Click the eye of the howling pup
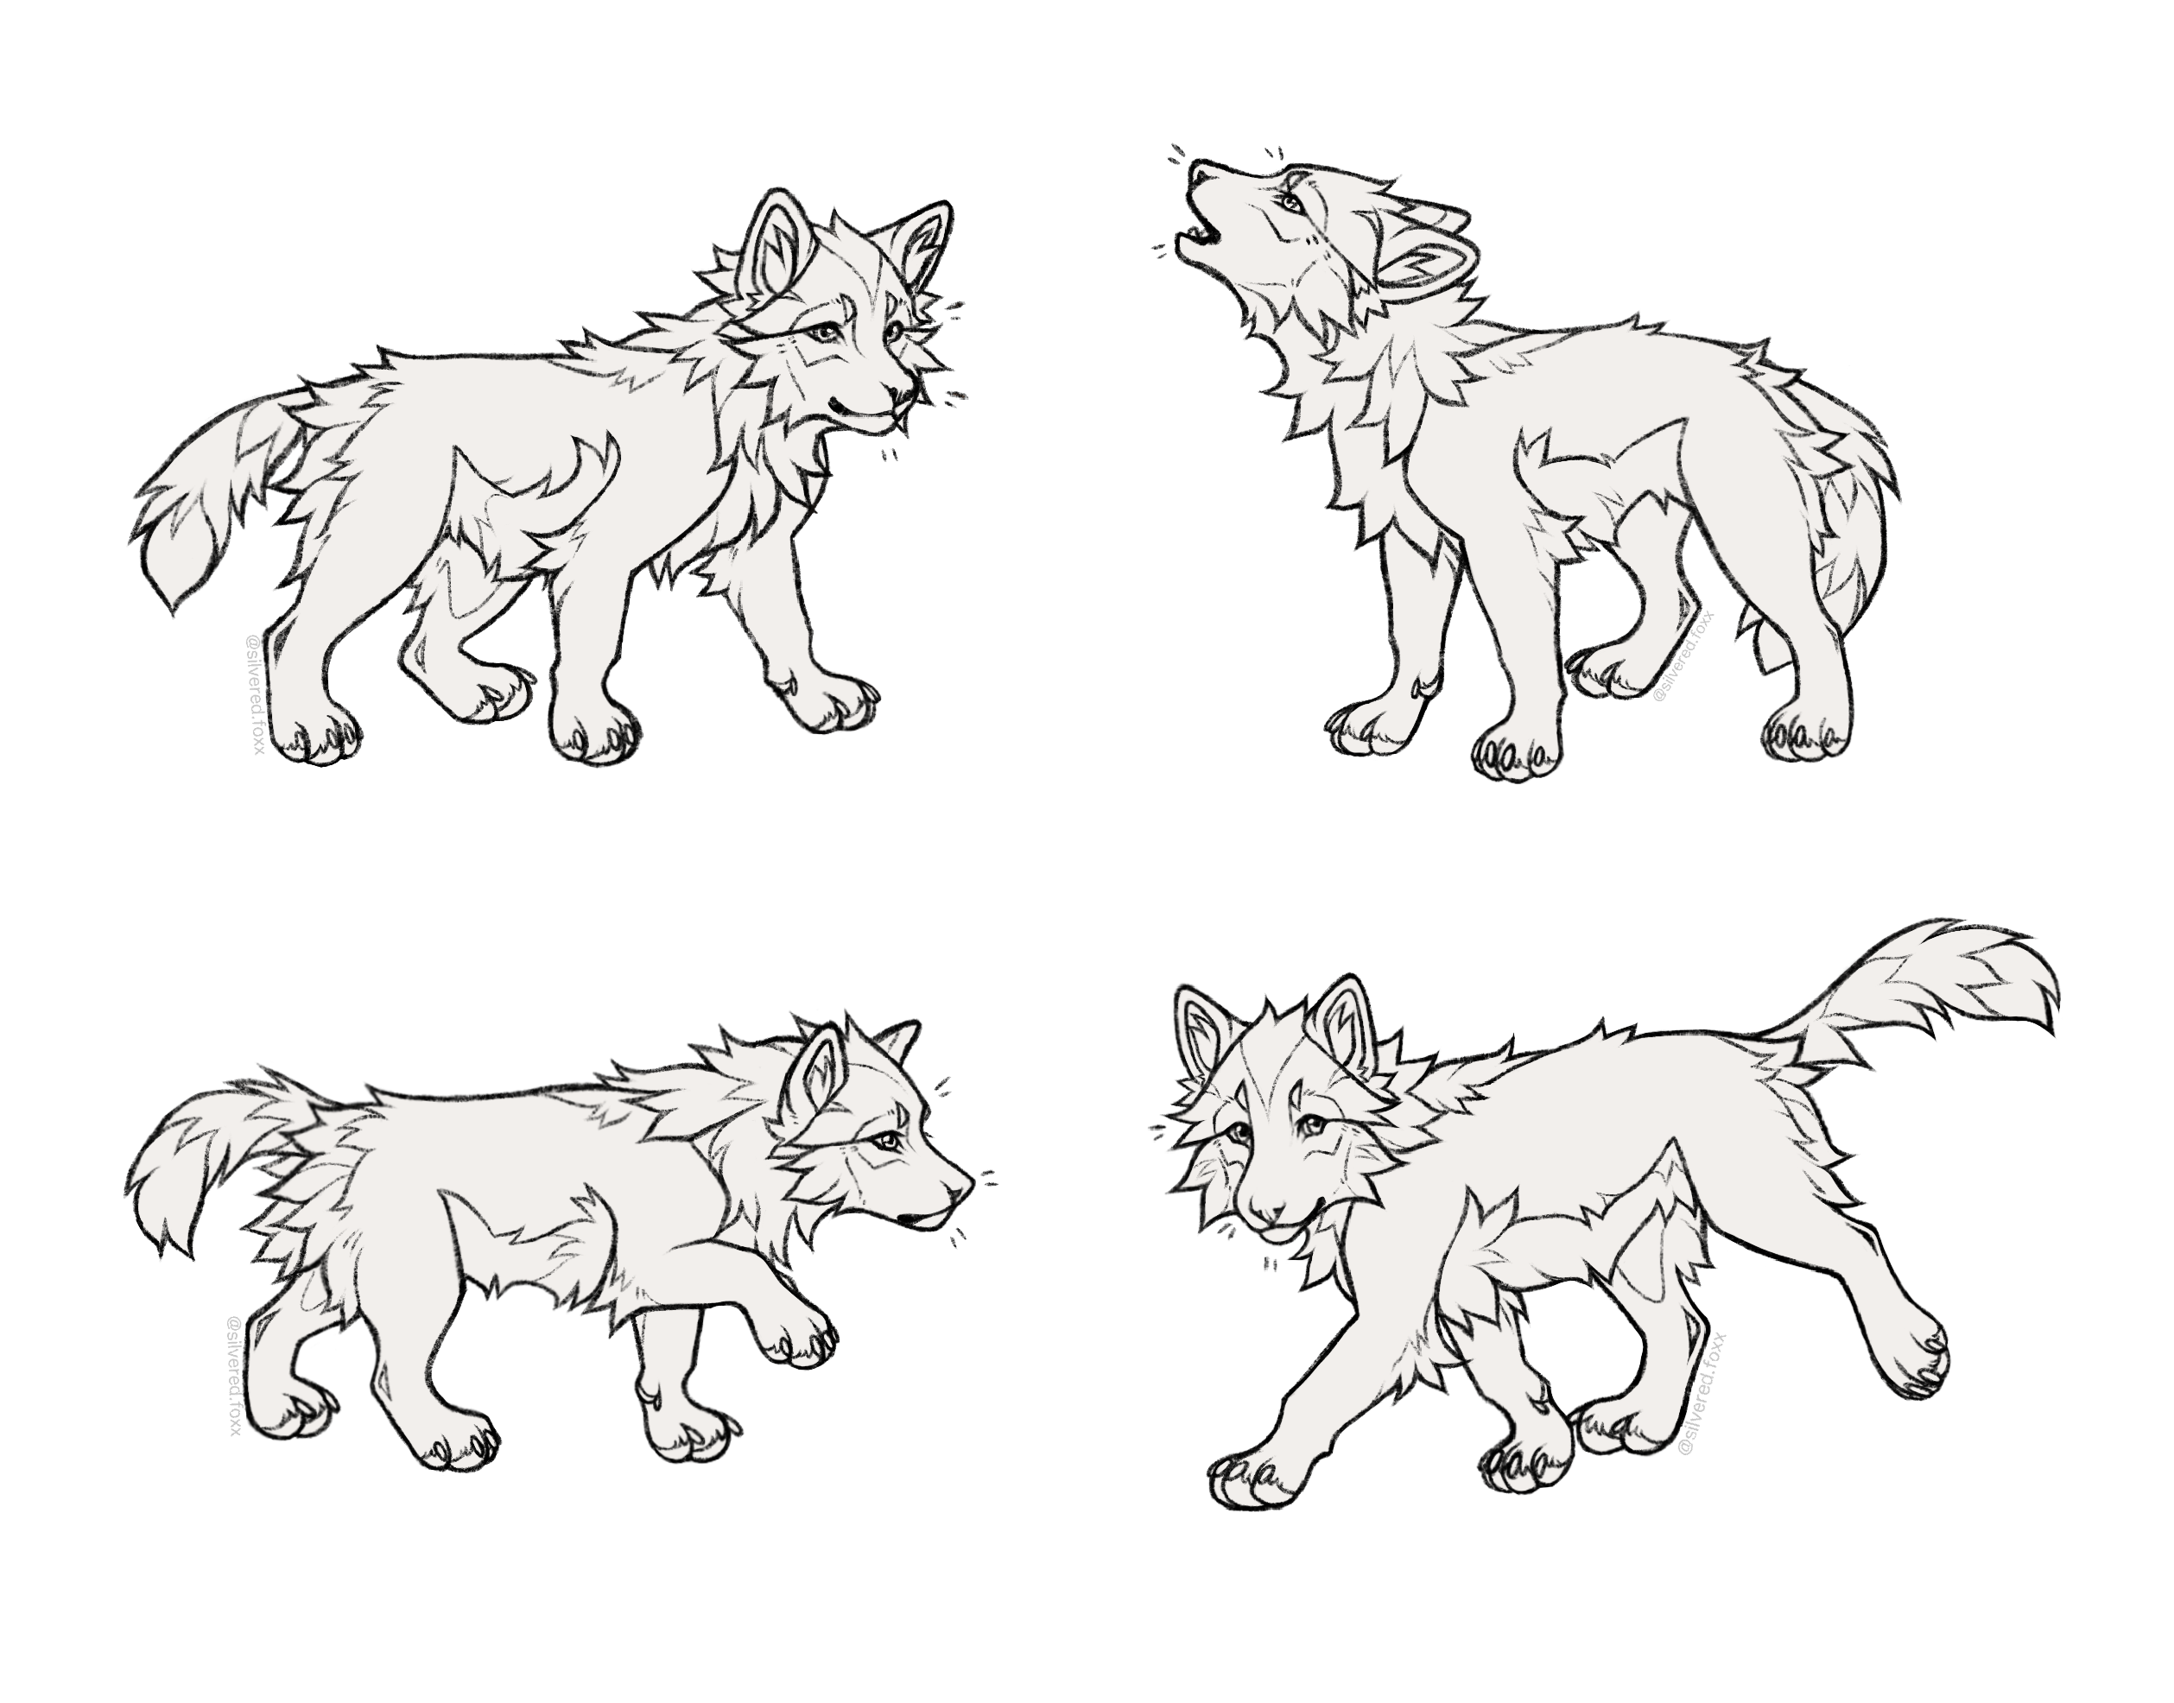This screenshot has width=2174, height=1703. point(1291,205)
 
